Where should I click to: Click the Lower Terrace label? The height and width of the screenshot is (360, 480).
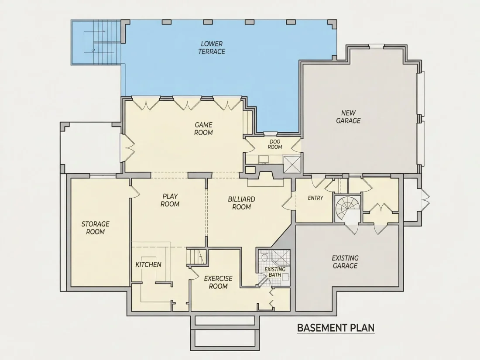tap(212, 48)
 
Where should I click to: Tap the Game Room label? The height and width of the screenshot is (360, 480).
tap(204, 129)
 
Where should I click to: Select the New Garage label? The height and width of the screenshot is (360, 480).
tap(348, 117)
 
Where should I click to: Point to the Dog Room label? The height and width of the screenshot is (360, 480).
tap(275, 144)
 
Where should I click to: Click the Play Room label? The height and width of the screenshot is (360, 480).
tap(170, 200)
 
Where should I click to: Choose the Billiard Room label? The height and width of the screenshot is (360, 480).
tap(242, 203)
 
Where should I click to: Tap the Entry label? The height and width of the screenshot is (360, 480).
tap(315, 198)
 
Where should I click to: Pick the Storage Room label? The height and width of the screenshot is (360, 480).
tap(96, 228)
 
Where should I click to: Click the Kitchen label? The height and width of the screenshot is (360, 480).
tap(148, 264)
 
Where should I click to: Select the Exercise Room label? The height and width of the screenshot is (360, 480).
tap(218, 282)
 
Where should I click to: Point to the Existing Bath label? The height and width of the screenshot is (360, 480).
tap(275, 272)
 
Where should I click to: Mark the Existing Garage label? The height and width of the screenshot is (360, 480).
tap(345, 262)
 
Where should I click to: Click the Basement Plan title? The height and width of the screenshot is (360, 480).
tap(336, 328)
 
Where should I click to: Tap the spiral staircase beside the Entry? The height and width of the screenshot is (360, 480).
tap(347, 208)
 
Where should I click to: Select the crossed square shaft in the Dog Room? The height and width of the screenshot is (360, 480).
tap(292, 165)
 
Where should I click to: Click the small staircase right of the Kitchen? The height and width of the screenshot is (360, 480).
tap(195, 257)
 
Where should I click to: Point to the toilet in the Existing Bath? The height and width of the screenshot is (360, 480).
tap(264, 257)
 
